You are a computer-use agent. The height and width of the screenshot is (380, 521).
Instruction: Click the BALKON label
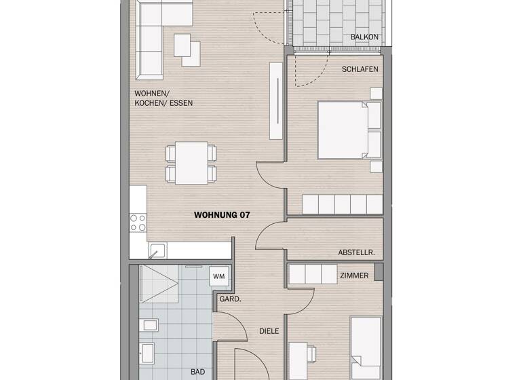pos(364,37)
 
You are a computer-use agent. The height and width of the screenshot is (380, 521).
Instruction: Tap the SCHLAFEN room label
pos(360,69)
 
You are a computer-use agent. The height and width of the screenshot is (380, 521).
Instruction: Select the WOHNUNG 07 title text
pos(222,215)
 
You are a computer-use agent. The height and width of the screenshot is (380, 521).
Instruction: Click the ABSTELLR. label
pos(356,252)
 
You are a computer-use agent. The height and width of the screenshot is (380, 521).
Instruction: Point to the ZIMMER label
pos(355,275)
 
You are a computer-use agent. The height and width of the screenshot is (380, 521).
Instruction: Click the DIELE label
pos(269,332)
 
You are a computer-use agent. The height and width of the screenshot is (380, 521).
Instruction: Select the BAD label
pos(197,372)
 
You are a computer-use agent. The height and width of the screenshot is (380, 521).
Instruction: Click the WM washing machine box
pos(218,276)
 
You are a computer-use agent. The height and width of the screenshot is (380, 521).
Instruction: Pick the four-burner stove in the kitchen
pos(138,223)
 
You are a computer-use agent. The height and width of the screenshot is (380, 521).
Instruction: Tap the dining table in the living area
pos(191,162)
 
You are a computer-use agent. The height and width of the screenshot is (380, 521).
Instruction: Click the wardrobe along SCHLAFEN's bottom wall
pos(343,204)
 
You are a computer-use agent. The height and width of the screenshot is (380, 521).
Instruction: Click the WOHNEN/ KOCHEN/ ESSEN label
pos(163,98)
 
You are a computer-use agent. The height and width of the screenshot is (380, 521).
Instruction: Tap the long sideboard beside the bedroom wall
pos(275,101)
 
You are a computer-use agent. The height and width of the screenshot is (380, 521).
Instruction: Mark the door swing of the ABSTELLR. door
pos(269,234)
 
